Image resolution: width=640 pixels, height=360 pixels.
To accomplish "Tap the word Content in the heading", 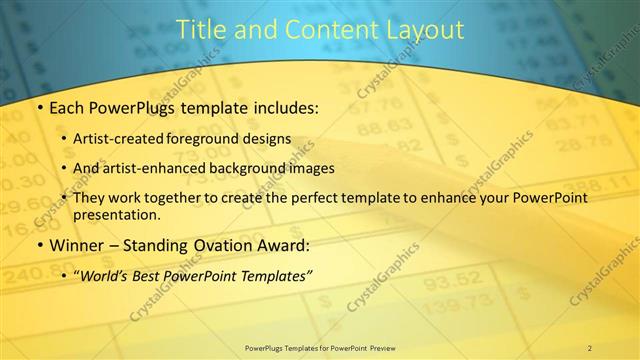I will coord(326,30).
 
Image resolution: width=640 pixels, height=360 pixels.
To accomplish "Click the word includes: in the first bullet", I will coord(284,106).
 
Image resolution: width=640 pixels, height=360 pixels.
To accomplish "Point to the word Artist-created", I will coord(127,138).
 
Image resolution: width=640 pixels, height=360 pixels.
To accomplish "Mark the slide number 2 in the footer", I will coord(590,348).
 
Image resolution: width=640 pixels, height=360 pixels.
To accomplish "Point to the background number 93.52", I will coord(447,283).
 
